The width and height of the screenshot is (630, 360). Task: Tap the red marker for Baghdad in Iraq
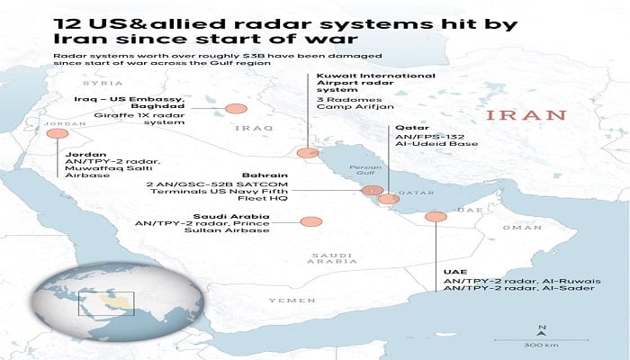pos(236,109)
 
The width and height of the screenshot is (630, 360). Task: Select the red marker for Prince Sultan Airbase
pos(311,221)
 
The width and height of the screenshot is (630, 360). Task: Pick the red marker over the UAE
pos(436,217)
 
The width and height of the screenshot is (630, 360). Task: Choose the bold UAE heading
pos(455,271)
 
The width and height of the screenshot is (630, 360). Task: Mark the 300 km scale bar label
pos(540,346)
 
